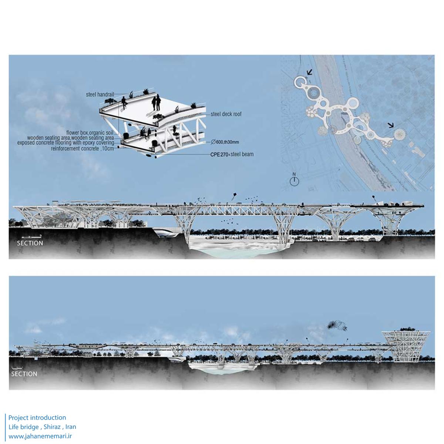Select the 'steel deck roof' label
click(226, 114)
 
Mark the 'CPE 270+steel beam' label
click(232, 154)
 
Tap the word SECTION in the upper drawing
click(30, 243)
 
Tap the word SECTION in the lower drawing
click(24, 374)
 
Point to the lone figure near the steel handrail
click(123, 102)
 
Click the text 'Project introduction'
click(37, 418)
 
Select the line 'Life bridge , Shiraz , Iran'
click(42, 427)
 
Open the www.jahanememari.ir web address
click(40, 436)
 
